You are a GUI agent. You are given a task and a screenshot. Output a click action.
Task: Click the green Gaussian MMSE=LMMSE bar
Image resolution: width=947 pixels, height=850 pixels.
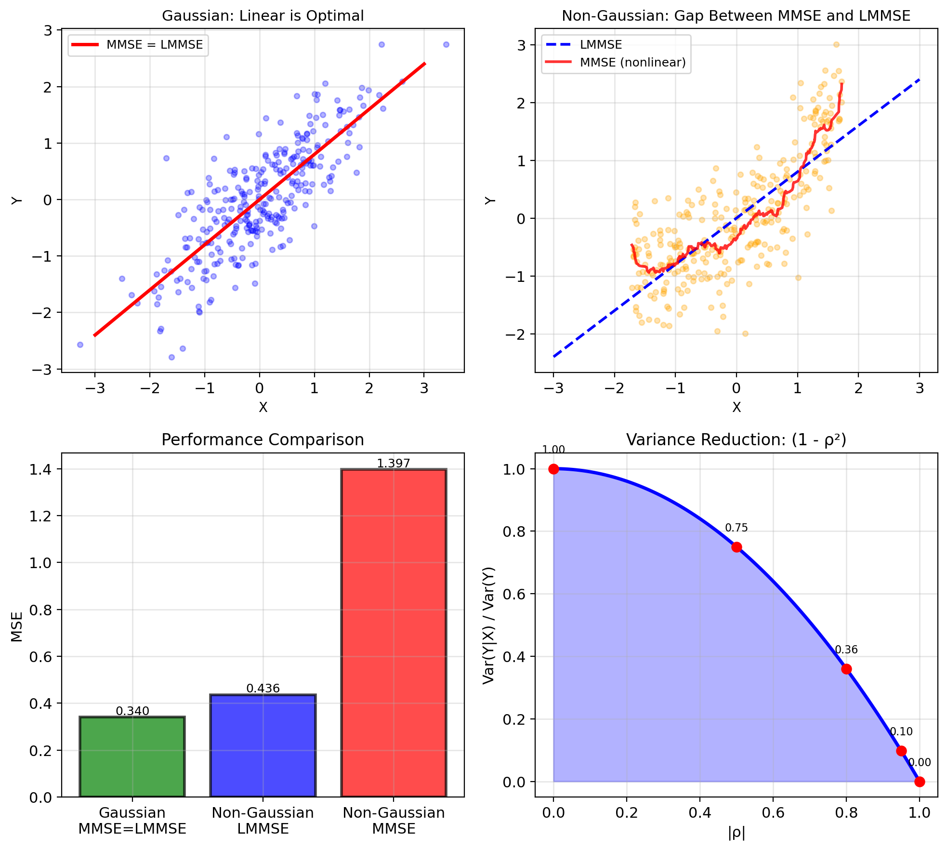coord(132,757)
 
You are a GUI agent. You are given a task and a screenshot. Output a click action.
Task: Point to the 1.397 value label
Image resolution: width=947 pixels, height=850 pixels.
coord(394,463)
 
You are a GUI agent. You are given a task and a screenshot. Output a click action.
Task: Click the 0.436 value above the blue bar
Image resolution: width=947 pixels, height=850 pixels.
coord(263,688)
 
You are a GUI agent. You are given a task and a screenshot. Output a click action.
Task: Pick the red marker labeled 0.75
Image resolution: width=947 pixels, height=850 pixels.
coord(737,547)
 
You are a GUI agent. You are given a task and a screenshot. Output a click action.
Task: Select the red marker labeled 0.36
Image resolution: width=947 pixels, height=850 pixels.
coord(846,669)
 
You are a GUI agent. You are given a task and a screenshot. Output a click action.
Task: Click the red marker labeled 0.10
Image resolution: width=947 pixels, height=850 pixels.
coord(901,751)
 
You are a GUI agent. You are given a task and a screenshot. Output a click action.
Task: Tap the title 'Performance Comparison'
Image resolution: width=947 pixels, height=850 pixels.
coord(263,440)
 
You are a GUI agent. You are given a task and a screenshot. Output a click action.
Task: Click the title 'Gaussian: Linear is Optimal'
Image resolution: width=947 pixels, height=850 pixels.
coord(263,16)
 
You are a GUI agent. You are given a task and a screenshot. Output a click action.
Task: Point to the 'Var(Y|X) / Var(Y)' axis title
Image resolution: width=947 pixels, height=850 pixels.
coord(489,625)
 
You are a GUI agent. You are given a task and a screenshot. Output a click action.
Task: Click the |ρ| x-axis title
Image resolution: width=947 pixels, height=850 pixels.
coord(737,833)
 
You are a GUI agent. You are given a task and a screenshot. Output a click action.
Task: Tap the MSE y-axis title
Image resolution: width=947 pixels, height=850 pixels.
coord(17,626)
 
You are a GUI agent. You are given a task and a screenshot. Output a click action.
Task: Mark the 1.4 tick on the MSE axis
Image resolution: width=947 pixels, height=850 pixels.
coord(42,469)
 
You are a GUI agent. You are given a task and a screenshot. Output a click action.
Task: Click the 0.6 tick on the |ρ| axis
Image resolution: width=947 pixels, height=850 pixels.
coord(773,813)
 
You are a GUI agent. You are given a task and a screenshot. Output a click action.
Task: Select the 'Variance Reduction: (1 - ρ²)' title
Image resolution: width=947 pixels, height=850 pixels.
coord(736,440)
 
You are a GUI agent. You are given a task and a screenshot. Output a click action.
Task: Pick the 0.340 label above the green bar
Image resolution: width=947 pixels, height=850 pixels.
coord(132,711)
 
